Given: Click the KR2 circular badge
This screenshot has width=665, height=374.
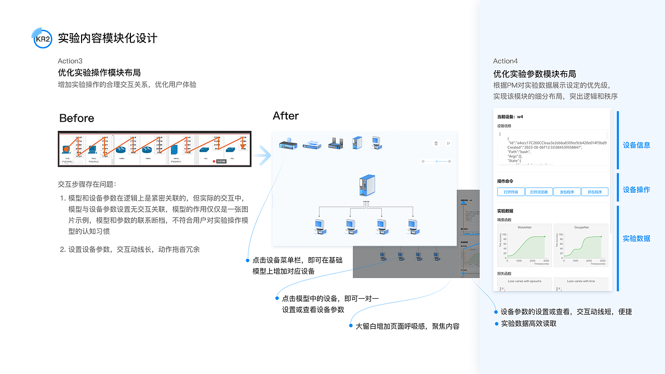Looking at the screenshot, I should [x=43, y=38].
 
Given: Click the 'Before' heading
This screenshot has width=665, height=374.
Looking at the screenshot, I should [x=76, y=118].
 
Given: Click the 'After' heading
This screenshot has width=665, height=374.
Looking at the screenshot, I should [x=286, y=116].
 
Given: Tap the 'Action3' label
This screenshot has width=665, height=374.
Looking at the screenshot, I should [x=70, y=61].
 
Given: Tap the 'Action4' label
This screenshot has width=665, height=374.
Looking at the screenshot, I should [x=505, y=61].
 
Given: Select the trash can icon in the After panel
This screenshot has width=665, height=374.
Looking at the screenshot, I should [x=436, y=143].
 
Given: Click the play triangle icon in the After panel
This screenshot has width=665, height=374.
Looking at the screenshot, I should [x=448, y=143].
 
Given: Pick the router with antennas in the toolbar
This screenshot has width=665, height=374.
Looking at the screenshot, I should [x=336, y=144].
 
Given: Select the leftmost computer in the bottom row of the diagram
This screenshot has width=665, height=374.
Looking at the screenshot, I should [x=319, y=225].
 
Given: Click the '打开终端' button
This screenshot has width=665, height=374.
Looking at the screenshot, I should [x=510, y=192].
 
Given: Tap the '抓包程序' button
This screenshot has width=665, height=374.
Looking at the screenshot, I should [x=594, y=192].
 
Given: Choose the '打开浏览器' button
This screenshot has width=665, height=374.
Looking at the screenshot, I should [x=538, y=192].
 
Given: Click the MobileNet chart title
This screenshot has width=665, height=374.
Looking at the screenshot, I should [x=524, y=228].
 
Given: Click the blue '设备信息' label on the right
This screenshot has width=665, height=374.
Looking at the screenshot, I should [x=636, y=145].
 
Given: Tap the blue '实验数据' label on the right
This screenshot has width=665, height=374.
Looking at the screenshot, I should [x=636, y=238].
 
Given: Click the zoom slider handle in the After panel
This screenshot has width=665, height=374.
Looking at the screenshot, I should [x=436, y=162].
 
